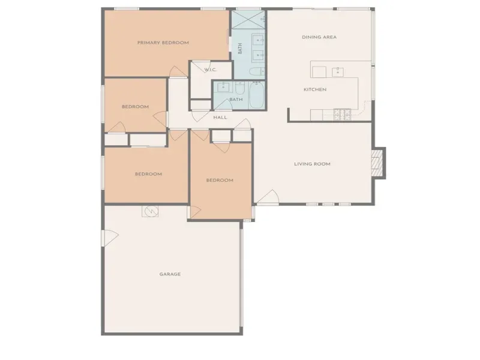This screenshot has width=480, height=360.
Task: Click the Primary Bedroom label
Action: pyautogui.click(x=163, y=43)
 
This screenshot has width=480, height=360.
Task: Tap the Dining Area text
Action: pyautogui.click(x=319, y=37)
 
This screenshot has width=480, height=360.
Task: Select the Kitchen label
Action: pyautogui.click(x=315, y=89)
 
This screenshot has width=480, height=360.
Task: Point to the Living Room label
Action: pyautogui.click(x=312, y=164)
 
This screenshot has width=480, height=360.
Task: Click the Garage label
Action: pyautogui.click(x=170, y=274)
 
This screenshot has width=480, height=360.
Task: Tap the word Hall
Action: pyautogui.click(x=220, y=117)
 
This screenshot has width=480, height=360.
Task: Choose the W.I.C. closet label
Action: pyautogui.click(x=211, y=70)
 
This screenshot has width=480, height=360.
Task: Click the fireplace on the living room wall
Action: pyautogui.click(x=378, y=162)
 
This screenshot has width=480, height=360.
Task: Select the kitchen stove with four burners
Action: pyautogui.click(x=342, y=114)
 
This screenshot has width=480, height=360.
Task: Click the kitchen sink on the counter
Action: pyautogui.click(x=338, y=72)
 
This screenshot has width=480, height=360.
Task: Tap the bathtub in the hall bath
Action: pyautogui.click(x=257, y=95)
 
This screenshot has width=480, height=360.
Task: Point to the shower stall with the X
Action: pyautogui.click(x=248, y=20)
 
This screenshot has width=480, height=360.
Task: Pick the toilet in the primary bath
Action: pyautogui.click(x=257, y=71)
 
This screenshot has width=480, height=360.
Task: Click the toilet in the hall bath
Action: pyautogui.click(x=239, y=88)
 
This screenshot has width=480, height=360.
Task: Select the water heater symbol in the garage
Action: pyautogui.click(x=150, y=211)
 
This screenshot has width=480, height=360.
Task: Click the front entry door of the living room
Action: pyautogui.click(x=268, y=197)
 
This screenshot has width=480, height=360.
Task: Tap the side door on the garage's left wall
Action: pyautogui.click(x=110, y=238)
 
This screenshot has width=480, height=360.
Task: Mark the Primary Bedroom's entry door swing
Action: pyautogui.click(x=178, y=72)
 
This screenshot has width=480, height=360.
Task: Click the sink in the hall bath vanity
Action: pyautogui.click(x=223, y=87)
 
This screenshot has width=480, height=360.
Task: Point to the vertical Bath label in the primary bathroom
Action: pyautogui.click(x=240, y=49)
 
